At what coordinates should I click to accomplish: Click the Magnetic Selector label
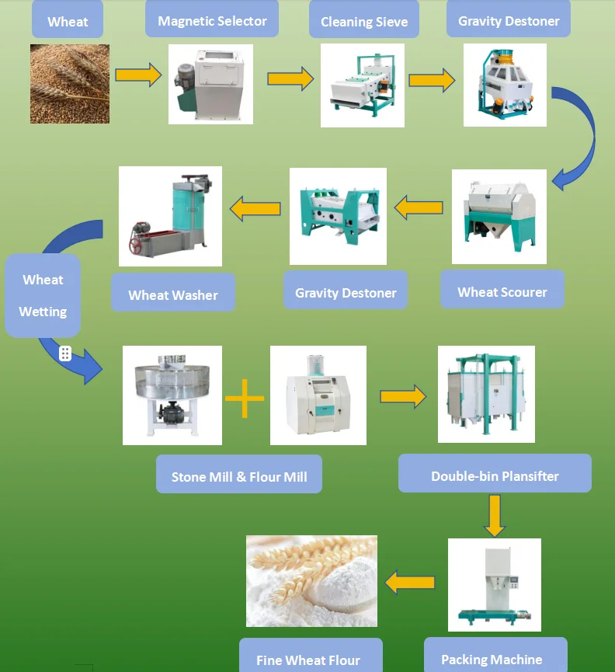pos(212,21)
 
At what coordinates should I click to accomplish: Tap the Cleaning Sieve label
pos(363,22)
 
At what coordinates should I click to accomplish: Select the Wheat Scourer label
pos(502,292)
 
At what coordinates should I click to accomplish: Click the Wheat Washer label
pos(172,294)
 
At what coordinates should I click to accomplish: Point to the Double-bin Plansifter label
pos(495,475)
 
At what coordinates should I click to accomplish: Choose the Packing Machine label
pos(492,659)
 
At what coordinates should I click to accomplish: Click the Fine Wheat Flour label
pos(308,660)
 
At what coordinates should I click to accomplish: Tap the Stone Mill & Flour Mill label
pos(239,477)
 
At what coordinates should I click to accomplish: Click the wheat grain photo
pos(70,84)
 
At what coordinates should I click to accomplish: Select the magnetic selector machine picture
pos(211,84)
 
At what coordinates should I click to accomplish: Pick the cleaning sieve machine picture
pos(363,85)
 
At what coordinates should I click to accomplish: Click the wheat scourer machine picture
pos(499,217)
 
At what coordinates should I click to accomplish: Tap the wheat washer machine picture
pos(170,217)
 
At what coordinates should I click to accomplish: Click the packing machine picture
pos(495,584)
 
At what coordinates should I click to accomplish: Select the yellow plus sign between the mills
pos(245,398)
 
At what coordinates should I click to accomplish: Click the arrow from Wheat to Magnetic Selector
pos(138,75)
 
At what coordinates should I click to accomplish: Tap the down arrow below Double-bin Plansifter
pos(495,515)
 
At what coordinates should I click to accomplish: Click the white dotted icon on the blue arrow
pos(66,353)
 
